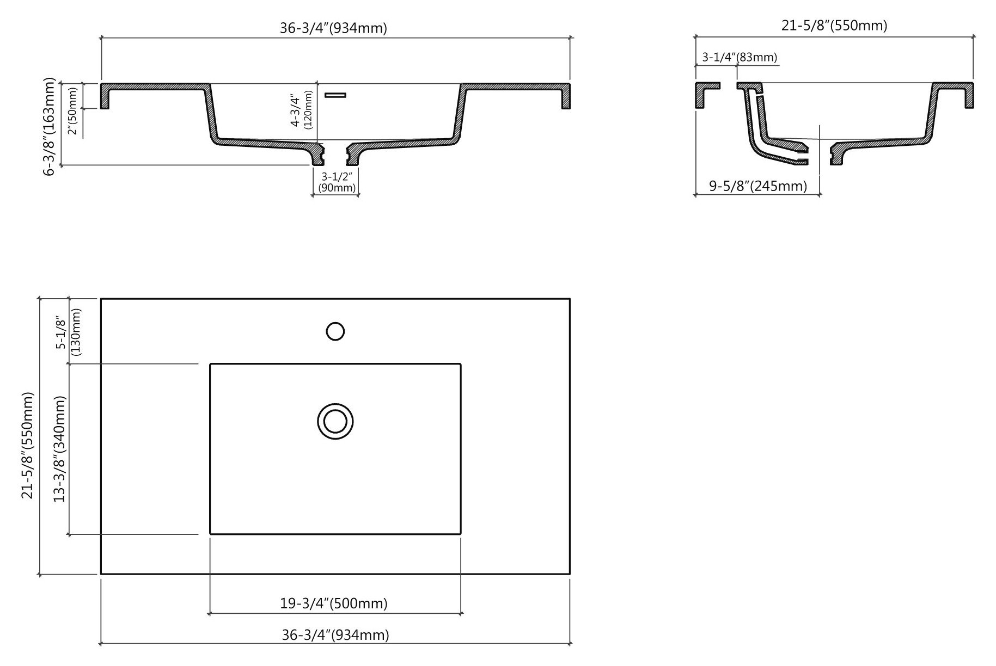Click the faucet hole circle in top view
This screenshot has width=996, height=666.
(x=335, y=331)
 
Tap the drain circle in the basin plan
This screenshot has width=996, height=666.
(x=335, y=422)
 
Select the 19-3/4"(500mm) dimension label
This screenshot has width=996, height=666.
(x=334, y=603)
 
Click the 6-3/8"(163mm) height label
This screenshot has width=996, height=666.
(x=50, y=126)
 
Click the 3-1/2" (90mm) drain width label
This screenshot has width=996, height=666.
(x=337, y=182)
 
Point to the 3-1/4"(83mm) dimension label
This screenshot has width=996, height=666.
(x=739, y=57)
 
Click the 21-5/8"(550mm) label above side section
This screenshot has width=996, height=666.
(x=834, y=25)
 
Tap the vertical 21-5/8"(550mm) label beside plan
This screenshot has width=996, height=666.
(x=28, y=445)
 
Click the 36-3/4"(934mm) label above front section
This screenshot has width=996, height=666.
(x=333, y=28)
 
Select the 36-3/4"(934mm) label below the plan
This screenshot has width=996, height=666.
(x=335, y=634)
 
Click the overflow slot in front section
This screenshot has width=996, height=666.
(x=335, y=95)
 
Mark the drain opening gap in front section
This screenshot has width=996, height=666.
(x=335, y=155)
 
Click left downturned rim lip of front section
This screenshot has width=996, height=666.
(x=105, y=98)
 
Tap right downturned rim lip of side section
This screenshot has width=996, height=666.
(x=969, y=98)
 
